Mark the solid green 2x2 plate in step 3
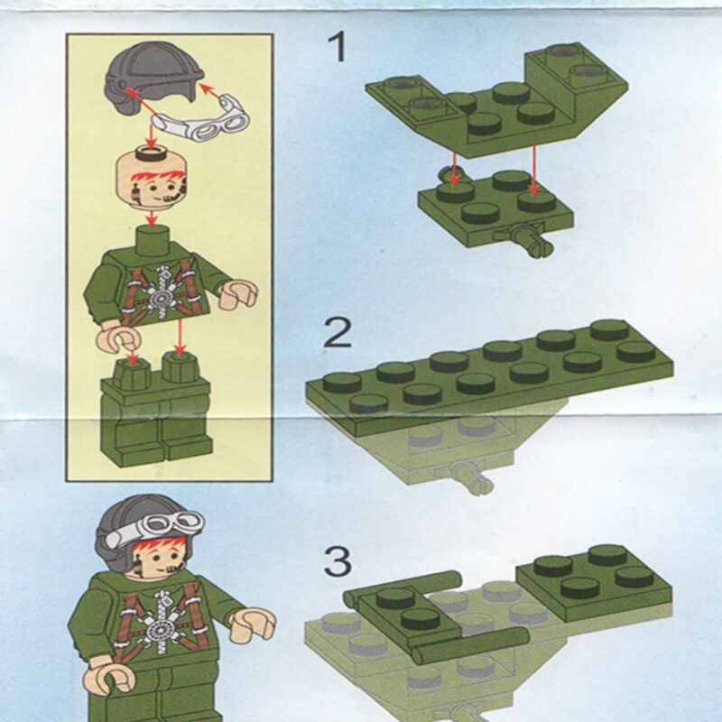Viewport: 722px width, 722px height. [x=594, y=580]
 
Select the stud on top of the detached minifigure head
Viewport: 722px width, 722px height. [x=151, y=153]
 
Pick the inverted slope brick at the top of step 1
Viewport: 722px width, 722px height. [x=497, y=99]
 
